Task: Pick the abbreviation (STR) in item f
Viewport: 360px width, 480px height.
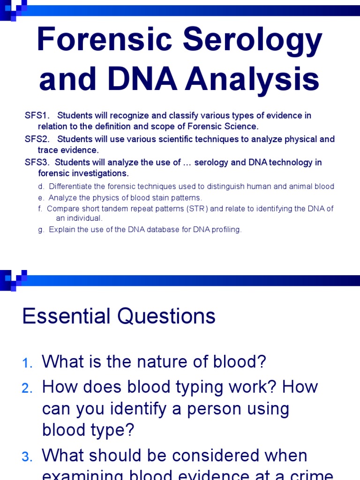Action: pos(197,209)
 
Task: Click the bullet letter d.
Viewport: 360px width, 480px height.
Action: pos(41,187)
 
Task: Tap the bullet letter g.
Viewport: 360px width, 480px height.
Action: pos(41,230)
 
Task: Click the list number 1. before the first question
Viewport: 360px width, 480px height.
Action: pos(28,363)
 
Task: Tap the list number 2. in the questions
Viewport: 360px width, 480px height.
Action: pos(27,388)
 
